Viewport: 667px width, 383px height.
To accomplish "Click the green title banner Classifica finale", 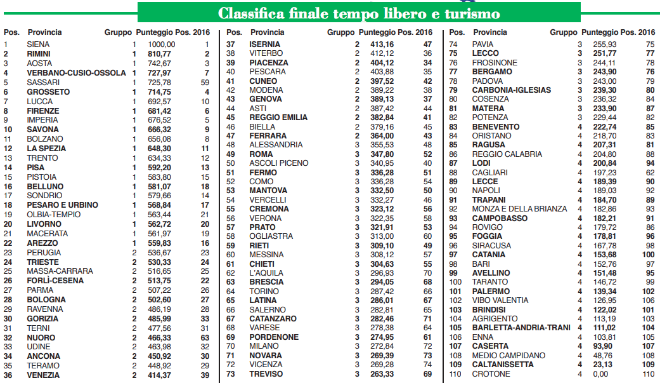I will (x=359, y=13).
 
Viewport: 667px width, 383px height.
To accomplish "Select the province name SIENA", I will (x=39, y=44).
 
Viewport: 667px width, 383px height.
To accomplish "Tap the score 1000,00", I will (x=162, y=44).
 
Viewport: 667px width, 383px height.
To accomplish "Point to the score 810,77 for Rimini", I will (x=162, y=54).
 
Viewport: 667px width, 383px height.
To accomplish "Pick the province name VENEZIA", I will (x=43, y=375).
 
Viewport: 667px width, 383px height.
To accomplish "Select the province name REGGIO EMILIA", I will (x=278, y=118).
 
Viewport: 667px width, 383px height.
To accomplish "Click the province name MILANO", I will (x=264, y=346).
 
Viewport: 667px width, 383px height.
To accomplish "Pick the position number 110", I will (x=455, y=374).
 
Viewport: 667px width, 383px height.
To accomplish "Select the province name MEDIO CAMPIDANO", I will (x=508, y=356).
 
